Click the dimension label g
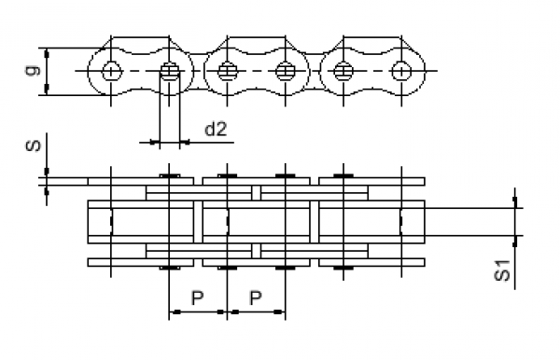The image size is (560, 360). [35, 71]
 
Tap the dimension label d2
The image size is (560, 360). [216, 129]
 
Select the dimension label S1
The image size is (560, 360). [501, 271]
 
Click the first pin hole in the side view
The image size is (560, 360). [111, 70]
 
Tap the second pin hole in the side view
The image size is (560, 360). [169, 70]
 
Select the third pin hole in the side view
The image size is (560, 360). [227, 70]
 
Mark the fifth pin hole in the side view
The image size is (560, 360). [343, 70]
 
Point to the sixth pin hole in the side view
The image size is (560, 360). [400, 70]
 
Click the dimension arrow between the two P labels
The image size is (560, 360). [226, 311]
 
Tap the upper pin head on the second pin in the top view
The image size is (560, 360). [169, 174]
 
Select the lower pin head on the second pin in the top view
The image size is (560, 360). [169, 269]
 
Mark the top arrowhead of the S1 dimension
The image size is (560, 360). [514, 203]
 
